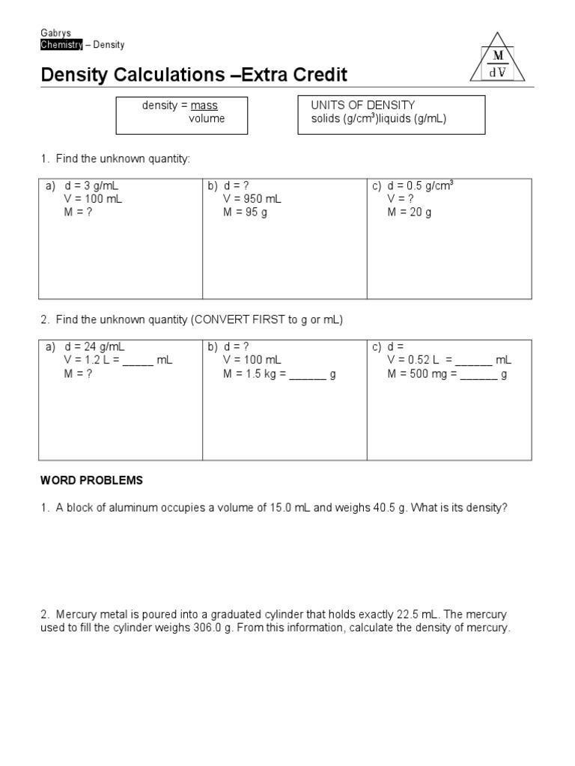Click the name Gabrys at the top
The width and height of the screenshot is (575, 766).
coord(55,33)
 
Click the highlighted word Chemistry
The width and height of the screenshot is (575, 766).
coord(61,45)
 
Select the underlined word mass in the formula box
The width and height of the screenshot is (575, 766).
coord(204,105)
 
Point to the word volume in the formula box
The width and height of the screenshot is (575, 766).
coord(206,118)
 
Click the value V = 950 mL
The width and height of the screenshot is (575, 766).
coord(252,199)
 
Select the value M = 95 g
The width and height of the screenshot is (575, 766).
coord(244,212)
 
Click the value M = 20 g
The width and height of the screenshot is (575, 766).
coord(409,212)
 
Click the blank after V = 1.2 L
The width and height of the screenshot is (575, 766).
coord(138,361)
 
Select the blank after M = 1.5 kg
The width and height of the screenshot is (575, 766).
coord(308,374)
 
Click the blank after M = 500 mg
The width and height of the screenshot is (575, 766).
coord(478,374)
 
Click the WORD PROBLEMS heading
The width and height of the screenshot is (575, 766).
coord(91,480)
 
